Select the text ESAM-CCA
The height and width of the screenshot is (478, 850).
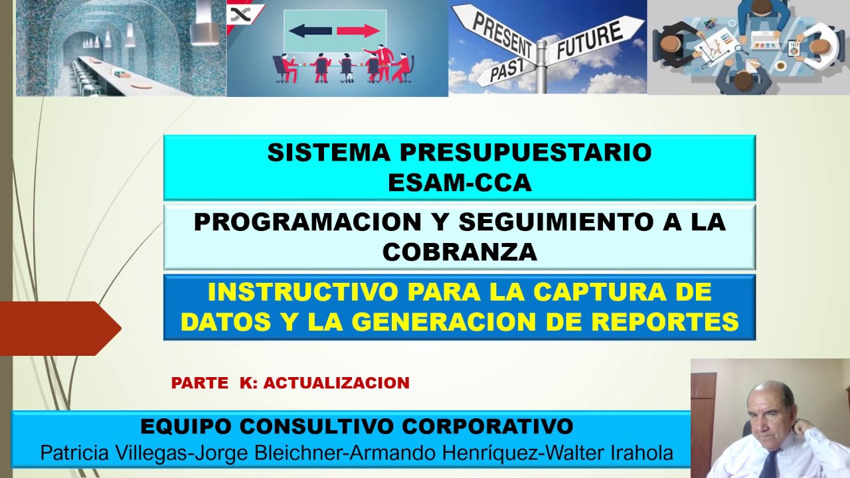[x=460, y=183]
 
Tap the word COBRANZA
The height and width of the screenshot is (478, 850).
[x=460, y=252]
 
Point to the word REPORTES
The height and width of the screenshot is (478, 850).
[x=658, y=322]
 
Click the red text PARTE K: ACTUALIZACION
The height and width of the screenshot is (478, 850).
[x=290, y=383]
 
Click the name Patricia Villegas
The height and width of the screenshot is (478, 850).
[x=114, y=453]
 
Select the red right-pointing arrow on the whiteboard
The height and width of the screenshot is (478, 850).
[x=358, y=31]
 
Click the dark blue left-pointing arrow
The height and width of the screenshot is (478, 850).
[x=311, y=31]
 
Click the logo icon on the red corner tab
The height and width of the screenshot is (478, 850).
[x=236, y=15]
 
